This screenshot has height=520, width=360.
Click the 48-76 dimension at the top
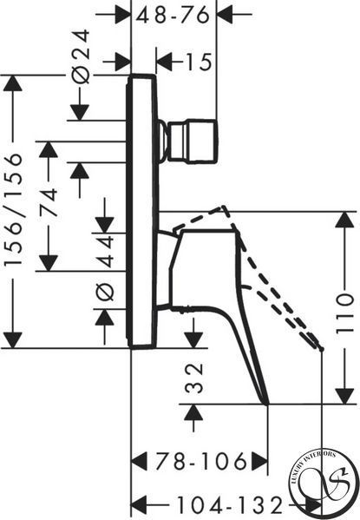[173, 15]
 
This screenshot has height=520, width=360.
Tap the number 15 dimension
[199, 62]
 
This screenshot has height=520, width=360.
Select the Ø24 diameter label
[82, 56]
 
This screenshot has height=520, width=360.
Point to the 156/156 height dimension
[14, 209]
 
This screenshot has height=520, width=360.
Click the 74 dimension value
[49, 202]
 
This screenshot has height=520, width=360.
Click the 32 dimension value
[193, 378]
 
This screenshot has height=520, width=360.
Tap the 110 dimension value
[345, 314]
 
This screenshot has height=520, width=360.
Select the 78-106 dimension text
[201, 461]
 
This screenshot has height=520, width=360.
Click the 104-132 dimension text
[229, 505]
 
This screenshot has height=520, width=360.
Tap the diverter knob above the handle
[189, 141]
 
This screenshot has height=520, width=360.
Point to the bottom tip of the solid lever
[267, 404]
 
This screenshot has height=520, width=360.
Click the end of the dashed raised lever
[321, 349]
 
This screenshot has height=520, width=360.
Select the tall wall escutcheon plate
[142, 212]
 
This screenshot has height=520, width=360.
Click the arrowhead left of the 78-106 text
[139, 461]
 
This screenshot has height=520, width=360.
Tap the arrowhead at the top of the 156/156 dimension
[13, 83]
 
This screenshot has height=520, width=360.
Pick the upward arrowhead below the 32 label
[193, 413]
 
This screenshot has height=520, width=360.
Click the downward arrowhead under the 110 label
[344, 396]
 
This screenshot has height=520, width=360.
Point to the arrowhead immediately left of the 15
[165, 62]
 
